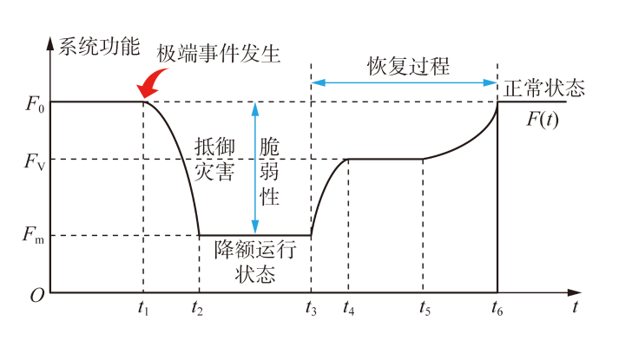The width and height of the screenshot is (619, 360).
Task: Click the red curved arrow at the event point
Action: (x=152, y=83)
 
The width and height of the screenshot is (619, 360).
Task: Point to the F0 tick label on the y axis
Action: (x=33, y=103)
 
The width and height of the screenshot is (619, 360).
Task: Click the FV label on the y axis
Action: (x=33, y=160)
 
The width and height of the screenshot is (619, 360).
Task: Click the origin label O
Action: (x=36, y=296)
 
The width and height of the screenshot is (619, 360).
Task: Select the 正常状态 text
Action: (x=544, y=88)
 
